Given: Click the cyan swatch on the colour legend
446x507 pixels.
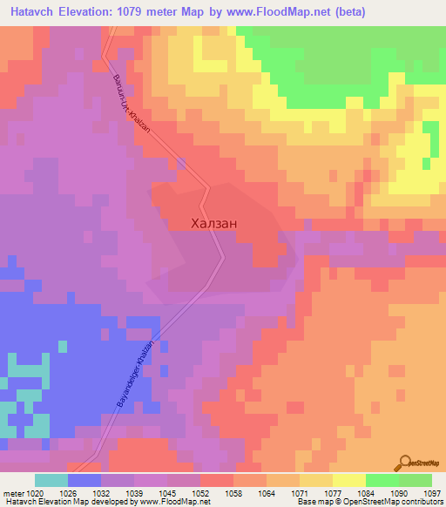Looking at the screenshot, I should click(51, 480).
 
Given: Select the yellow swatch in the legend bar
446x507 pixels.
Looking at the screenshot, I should click(349, 480).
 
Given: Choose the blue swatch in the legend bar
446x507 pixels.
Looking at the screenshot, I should click(84, 480).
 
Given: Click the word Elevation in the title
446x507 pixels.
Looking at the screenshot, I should click(87, 11).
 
